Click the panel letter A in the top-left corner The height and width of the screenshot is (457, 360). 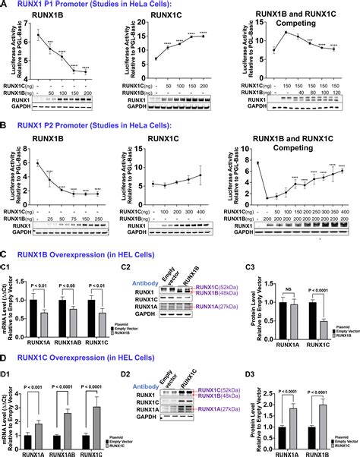tap(5, 5)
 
